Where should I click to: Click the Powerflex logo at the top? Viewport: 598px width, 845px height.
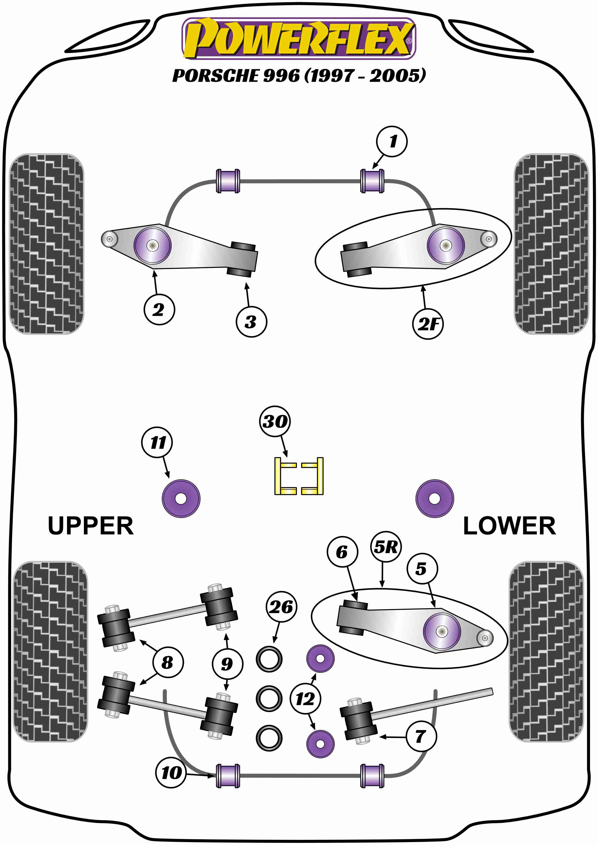[299, 38]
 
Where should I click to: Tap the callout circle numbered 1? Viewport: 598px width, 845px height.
[392, 141]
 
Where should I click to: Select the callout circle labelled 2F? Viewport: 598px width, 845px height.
[428, 324]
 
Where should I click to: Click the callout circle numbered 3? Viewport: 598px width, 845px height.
[251, 322]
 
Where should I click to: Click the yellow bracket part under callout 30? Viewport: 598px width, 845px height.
[299, 476]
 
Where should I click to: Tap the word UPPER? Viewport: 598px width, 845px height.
[91, 526]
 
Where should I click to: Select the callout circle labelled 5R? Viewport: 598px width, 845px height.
[386, 547]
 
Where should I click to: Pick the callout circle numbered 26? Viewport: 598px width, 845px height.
[281, 607]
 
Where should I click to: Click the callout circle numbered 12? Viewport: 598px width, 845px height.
[305, 699]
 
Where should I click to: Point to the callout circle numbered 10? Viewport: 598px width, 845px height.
[171, 773]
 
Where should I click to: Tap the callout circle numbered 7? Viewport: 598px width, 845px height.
[421, 736]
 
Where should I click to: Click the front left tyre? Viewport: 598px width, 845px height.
[46, 244]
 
